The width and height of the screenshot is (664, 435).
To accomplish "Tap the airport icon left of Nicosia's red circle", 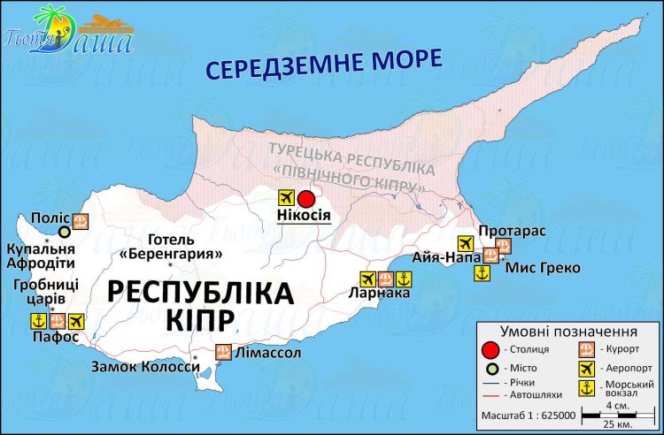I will pyautogui.click(x=285, y=197).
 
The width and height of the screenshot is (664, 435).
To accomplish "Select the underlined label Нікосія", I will pyautogui.click(x=304, y=216).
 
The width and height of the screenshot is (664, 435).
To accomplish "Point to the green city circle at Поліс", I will pyautogui.click(x=64, y=232).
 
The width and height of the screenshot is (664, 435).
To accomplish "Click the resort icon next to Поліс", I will pyautogui.click(x=80, y=222).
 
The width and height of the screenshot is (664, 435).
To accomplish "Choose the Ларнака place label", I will pyautogui.click(x=380, y=294).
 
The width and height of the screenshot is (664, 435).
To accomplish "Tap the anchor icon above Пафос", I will pyautogui.click(x=39, y=320).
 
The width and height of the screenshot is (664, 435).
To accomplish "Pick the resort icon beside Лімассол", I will pyautogui.click(x=223, y=353).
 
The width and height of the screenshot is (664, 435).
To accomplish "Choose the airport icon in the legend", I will pyautogui.click(x=586, y=367).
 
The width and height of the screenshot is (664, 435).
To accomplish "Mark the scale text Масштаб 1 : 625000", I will pyautogui.click(x=529, y=414).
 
